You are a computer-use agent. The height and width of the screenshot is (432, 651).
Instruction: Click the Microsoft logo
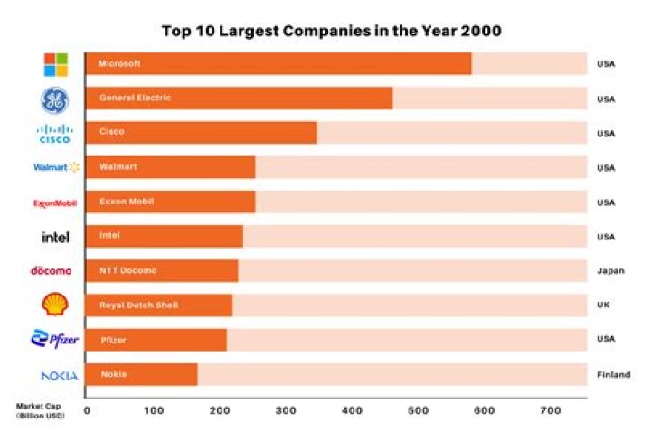(56, 64)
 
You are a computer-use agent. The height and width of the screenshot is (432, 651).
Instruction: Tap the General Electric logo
(55, 99)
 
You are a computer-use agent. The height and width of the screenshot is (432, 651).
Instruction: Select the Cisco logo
(55, 134)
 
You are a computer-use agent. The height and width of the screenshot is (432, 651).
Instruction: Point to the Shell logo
(55, 305)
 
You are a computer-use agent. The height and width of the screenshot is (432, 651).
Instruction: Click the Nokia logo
(59, 375)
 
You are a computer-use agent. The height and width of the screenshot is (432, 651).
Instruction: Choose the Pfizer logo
(55, 340)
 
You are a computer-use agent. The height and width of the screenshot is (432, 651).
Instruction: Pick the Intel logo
(55, 237)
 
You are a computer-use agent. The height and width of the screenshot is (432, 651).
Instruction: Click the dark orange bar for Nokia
(141, 374)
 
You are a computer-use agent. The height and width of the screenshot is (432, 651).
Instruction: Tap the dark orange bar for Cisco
(201, 133)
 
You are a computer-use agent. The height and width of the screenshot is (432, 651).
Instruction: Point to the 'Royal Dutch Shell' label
(138, 305)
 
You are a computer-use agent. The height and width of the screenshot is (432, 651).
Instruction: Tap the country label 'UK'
(603, 305)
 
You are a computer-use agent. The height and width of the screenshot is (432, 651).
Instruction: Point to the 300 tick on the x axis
(287, 410)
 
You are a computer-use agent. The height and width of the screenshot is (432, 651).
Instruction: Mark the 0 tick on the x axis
(87, 410)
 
